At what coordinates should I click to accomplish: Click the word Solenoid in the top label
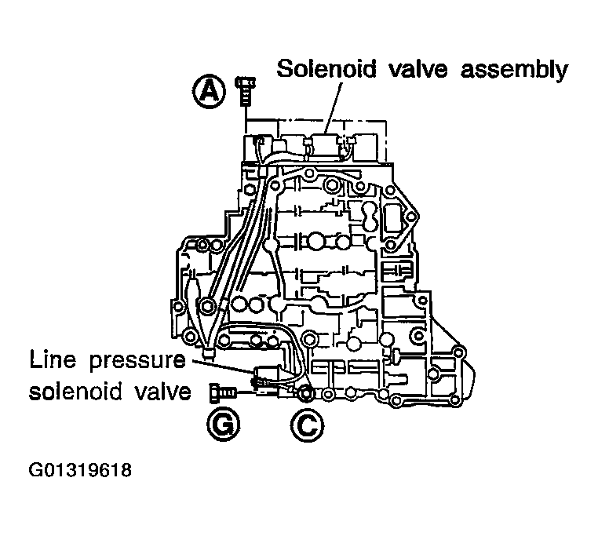click(326, 69)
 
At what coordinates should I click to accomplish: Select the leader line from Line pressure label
click(228, 366)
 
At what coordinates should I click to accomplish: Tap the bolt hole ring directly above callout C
click(305, 391)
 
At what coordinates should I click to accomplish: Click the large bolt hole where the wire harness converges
click(209, 306)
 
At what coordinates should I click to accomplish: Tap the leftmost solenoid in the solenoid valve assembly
click(259, 145)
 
